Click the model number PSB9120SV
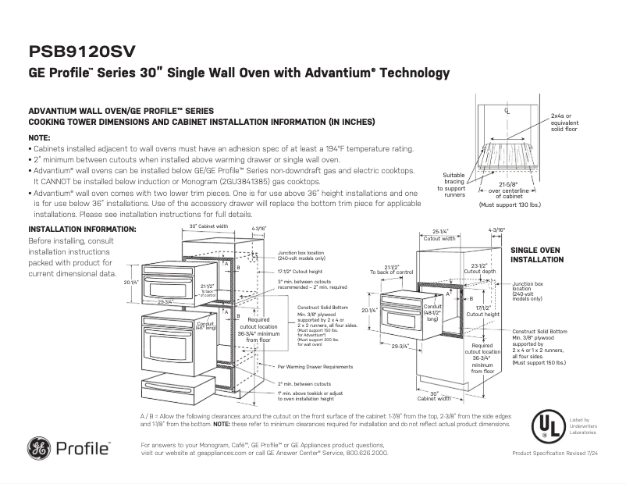[x=82, y=51]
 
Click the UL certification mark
[x=547, y=426]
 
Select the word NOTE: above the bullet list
[x=39, y=137]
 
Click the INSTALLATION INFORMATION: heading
[x=82, y=229]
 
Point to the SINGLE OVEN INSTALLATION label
[x=537, y=254]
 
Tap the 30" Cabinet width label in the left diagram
[x=208, y=227]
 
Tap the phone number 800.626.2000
[x=364, y=452]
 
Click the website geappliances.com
[x=235, y=452]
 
